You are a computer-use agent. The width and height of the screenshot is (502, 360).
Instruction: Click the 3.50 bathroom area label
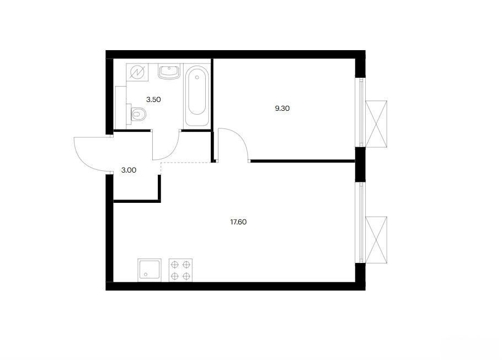[x=153, y=100]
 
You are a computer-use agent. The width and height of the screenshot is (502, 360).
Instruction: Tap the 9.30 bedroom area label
[x=282, y=109]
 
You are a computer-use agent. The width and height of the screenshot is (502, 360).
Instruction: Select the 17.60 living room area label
[x=238, y=222]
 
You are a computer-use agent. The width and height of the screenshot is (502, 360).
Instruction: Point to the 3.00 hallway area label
[x=129, y=170]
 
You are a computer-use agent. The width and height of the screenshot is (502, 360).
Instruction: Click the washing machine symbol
[x=137, y=73]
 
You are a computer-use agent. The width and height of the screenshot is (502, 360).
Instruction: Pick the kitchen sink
[x=149, y=270]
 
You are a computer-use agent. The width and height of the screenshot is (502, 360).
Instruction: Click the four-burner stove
[x=180, y=270]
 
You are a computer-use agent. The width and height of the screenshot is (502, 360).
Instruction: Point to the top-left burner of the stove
[x=175, y=265]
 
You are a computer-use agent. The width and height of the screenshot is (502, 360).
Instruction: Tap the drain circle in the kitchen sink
[x=146, y=274]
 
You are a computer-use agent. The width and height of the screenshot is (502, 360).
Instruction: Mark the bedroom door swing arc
[x=240, y=138]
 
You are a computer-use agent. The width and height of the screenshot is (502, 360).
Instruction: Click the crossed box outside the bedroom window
[x=376, y=124]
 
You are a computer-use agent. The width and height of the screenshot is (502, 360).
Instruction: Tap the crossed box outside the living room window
[x=376, y=240]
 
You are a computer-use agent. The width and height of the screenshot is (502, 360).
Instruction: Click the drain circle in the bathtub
[x=197, y=77]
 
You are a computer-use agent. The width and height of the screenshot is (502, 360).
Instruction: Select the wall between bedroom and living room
[x=302, y=161]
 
